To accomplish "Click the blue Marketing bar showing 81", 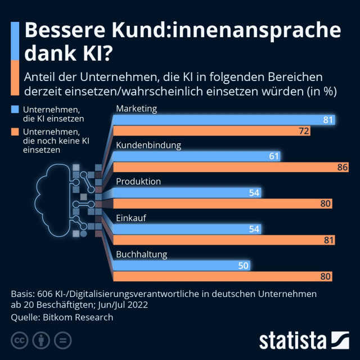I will [225, 119].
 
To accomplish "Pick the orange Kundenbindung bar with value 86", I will [231, 167].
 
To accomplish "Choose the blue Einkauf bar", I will [188, 228].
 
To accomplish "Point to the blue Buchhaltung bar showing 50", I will [183, 265].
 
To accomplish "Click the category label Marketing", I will [136, 109].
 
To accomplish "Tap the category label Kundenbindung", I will [148, 145].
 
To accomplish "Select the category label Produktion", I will [138, 182].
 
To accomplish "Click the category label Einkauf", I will [131, 218].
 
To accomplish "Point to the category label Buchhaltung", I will [142, 254].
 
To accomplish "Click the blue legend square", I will [15, 109].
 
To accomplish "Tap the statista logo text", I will [292, 340].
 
